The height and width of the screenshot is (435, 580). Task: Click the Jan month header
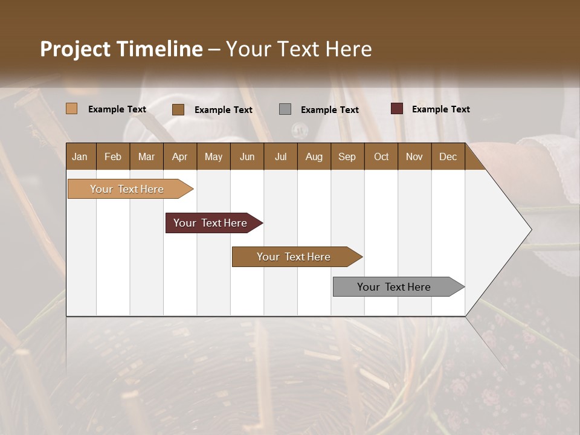pyautogui.click(x=80, y=157)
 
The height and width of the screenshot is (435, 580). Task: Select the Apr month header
pyautogui.click(x=179, y=157)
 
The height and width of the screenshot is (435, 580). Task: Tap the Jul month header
pyautogui.click(x=280, y=157)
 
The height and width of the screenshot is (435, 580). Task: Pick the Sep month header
pyautogui.click(x=347, y=157)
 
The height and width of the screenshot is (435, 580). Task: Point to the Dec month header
pyautogui.click(x=448, y=157)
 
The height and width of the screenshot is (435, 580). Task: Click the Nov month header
pyautogui.click(x=414, y=157)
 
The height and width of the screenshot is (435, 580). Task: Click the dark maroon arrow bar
pyautogui.click(x=211, y=223)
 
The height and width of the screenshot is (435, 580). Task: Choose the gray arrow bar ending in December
pyautogui.click(x=396, y=287)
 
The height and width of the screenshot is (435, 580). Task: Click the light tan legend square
pyautogui.click(x=71, y=109)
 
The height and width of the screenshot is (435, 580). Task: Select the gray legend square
pyautogui.click(x=285, y=109)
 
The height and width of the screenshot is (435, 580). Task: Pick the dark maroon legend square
pyautogui.click(x=397, y=109)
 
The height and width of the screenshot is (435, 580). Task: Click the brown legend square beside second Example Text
pyautogui.click(x=178, y=109)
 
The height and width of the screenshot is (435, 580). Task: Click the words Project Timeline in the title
pyautogui.click(x=121, y=49)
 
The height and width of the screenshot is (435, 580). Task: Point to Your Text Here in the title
pyautogui.click(x=298, y=49)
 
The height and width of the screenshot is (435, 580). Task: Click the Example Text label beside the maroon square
pyautogui.click(x=440, y=109)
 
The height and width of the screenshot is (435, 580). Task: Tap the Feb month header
pyautogui.click(x=113, y=157)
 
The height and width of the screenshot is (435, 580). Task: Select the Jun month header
pyautogui.click(x=247, y=157)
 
